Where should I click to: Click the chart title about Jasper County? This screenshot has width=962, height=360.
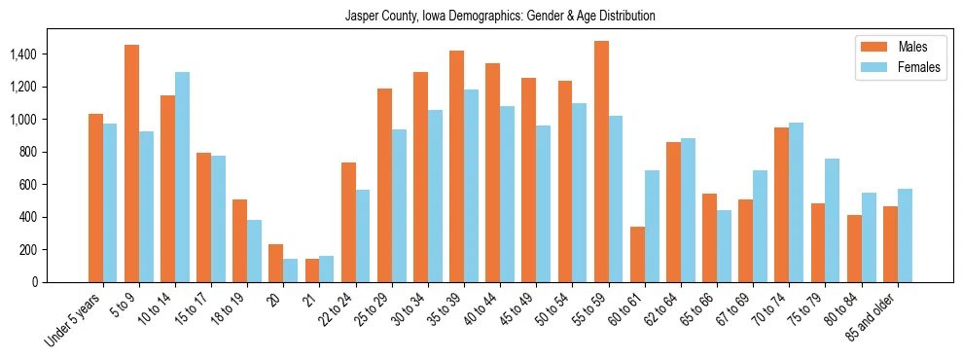pyautogui.click(x=500, y=16)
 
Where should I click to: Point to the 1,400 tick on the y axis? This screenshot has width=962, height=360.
pyautogui.click(x=23, y=54)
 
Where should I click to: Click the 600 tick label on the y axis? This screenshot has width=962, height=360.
pyautogui.click(x=27, y=185)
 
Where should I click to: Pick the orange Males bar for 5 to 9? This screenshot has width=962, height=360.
pyautogui.click(x=131, y=163)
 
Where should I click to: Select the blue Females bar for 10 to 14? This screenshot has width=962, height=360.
pyautogui.click(x=182, y=177)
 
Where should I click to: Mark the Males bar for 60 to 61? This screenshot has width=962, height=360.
pyautogui.click(x=637, y=255)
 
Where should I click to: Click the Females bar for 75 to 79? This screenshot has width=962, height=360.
pyautogui.click(x=833, y=220)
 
